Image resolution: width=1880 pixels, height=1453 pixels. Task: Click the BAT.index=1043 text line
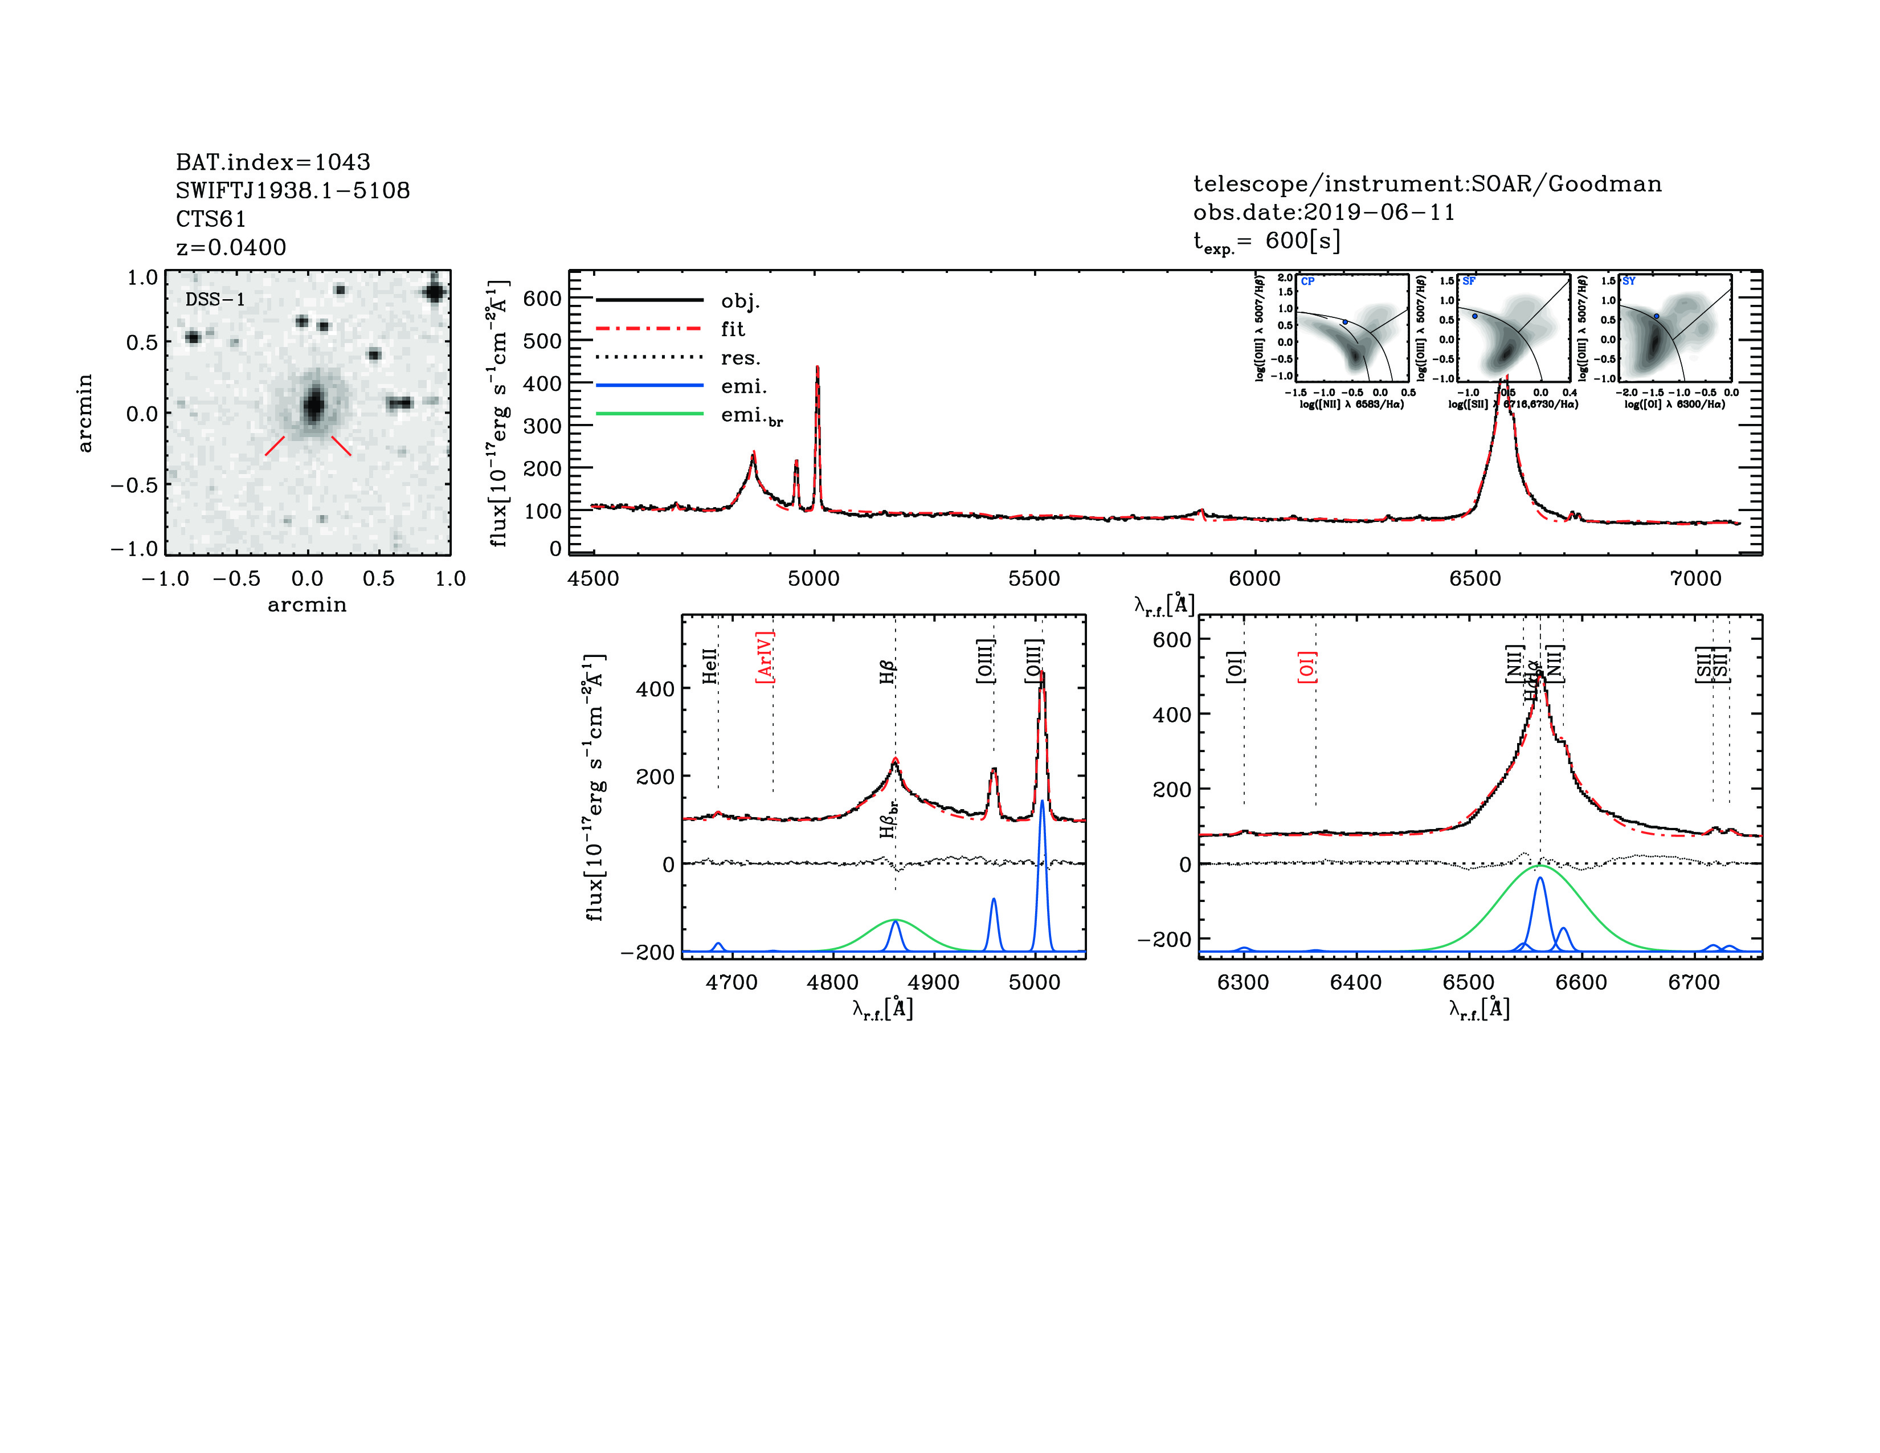(x=273, y=162)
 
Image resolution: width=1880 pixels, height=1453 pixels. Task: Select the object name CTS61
(x=211, y=219)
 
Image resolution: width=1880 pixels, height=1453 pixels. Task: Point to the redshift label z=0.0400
(x=231, y=247)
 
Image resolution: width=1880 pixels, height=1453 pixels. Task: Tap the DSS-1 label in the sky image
(x=215, y=300)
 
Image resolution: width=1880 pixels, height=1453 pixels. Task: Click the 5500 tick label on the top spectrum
(x=1034, y=578)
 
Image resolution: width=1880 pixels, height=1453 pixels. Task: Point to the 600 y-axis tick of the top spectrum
(x=542, y=299)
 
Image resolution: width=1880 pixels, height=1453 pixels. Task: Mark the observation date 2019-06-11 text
(x=1324, y=213)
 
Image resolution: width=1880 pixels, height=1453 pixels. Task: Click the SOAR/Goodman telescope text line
(x=1427, y=183)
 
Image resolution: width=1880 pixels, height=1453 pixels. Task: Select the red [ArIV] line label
(x=765, y=657)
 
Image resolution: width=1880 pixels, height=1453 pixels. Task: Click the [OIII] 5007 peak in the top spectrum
(x=817, y=369)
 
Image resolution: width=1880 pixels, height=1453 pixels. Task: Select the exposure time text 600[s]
(x=1302, y=241)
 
